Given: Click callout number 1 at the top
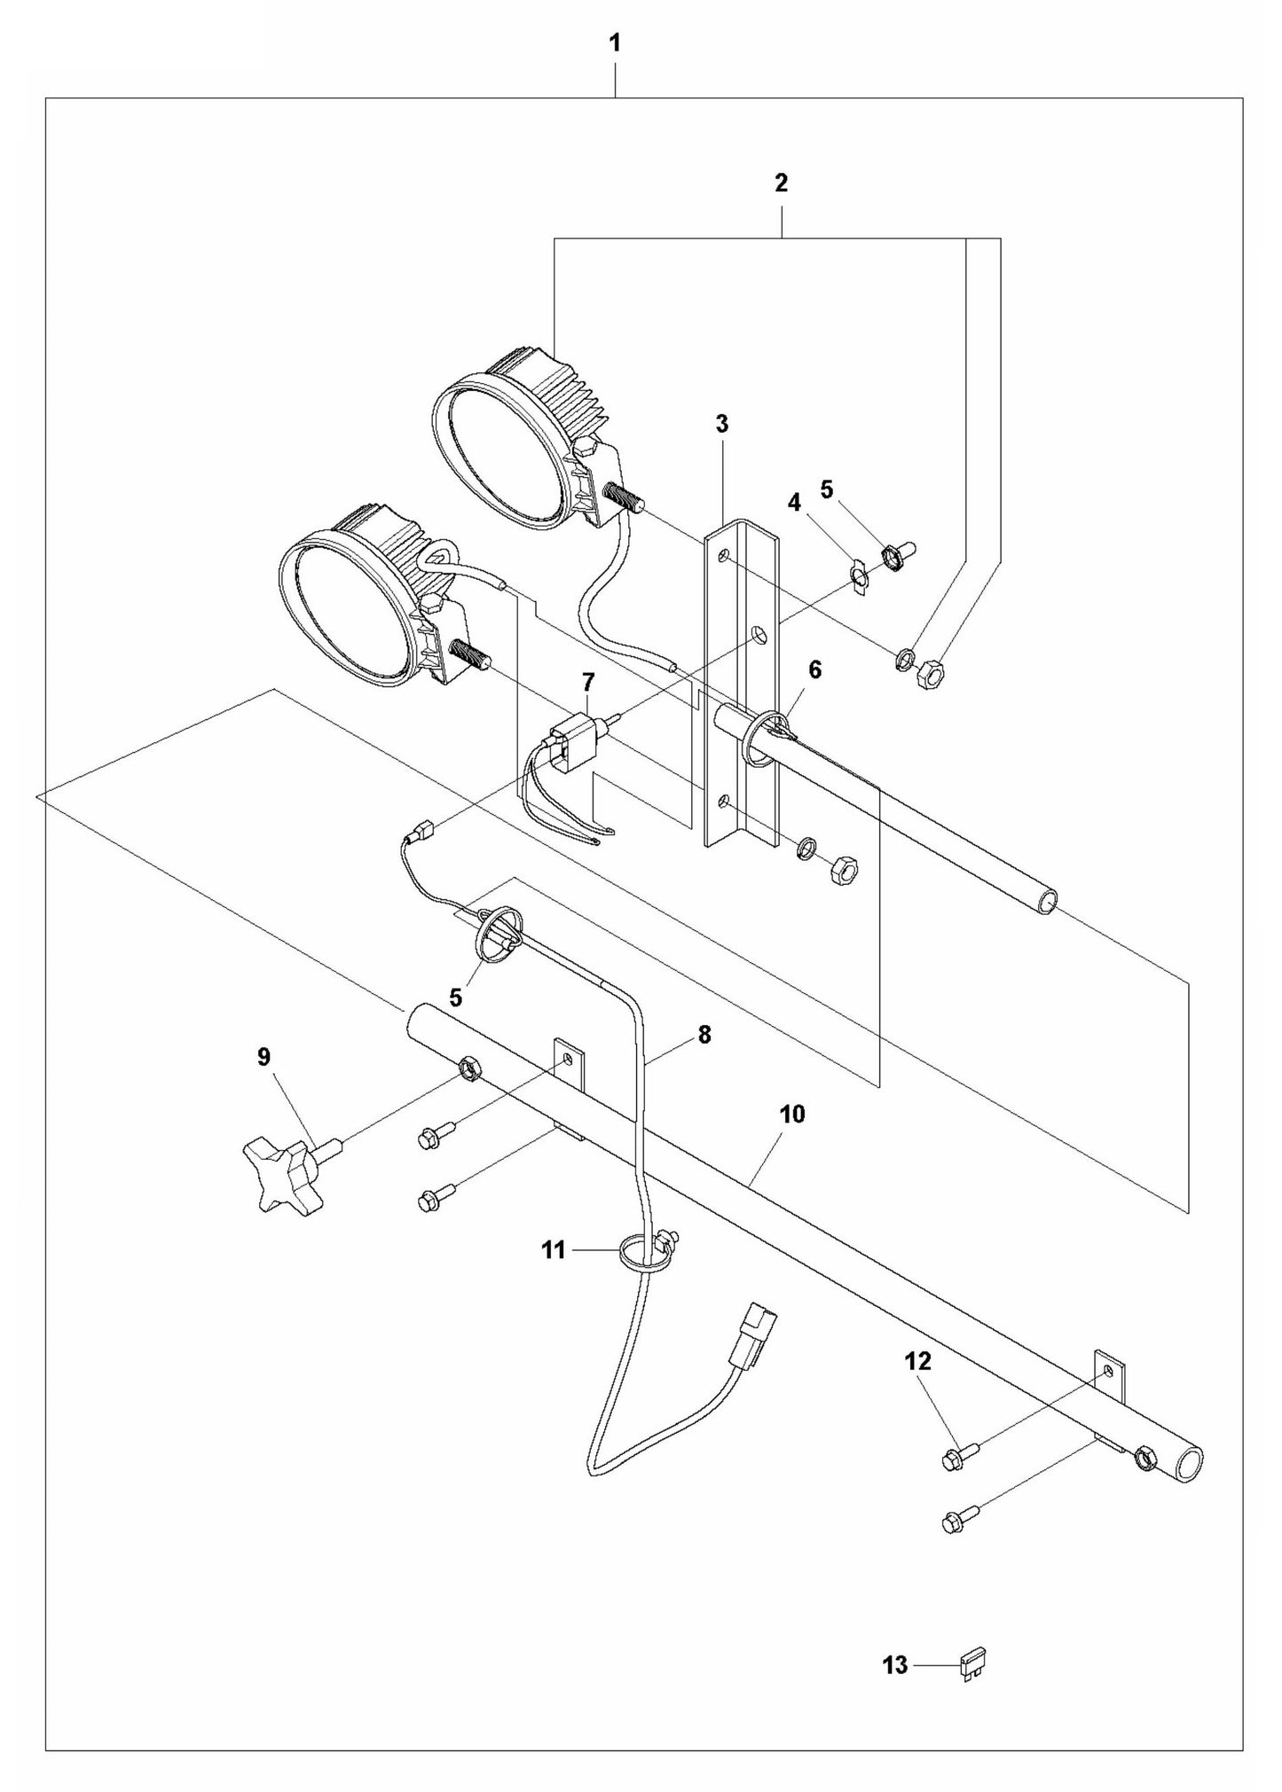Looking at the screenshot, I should tap(614, 43).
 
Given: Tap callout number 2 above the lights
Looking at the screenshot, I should tap(781, 184).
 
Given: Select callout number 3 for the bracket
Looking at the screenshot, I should tap(721, 424).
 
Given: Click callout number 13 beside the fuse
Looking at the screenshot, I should tap(894, 1666).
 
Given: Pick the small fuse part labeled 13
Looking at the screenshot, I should tap(973, 1664).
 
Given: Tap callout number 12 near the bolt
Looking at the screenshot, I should tap(918, 1361).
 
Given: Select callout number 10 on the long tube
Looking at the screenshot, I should tap(791, 1115).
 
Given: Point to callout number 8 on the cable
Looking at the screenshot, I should tap(704, 1035).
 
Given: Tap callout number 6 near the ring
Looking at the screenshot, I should tap(814, 669).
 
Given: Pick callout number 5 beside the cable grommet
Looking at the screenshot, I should tap(455, 998).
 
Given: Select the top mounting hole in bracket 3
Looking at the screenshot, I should tap(725, 555).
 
